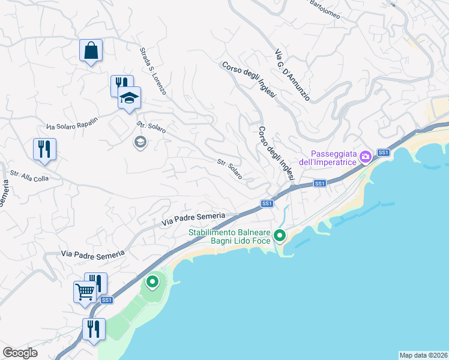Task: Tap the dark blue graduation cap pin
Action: (x=129, y=98)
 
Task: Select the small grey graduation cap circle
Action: (x=140, y=143)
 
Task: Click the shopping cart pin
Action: (x=85, y=292)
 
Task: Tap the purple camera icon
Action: (x=365, y=157)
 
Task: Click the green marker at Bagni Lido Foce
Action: (x=279, y=235)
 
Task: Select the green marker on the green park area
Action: (x=152, y=281)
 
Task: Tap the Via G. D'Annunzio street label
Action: (x=293, y=75)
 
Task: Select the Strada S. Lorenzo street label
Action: (x=152, y=71)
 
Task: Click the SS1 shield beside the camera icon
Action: (x=384, y=152)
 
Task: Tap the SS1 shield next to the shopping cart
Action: (x=107, y=300)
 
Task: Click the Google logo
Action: (x=20, y=353)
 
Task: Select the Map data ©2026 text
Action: (x=423, y=355)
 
